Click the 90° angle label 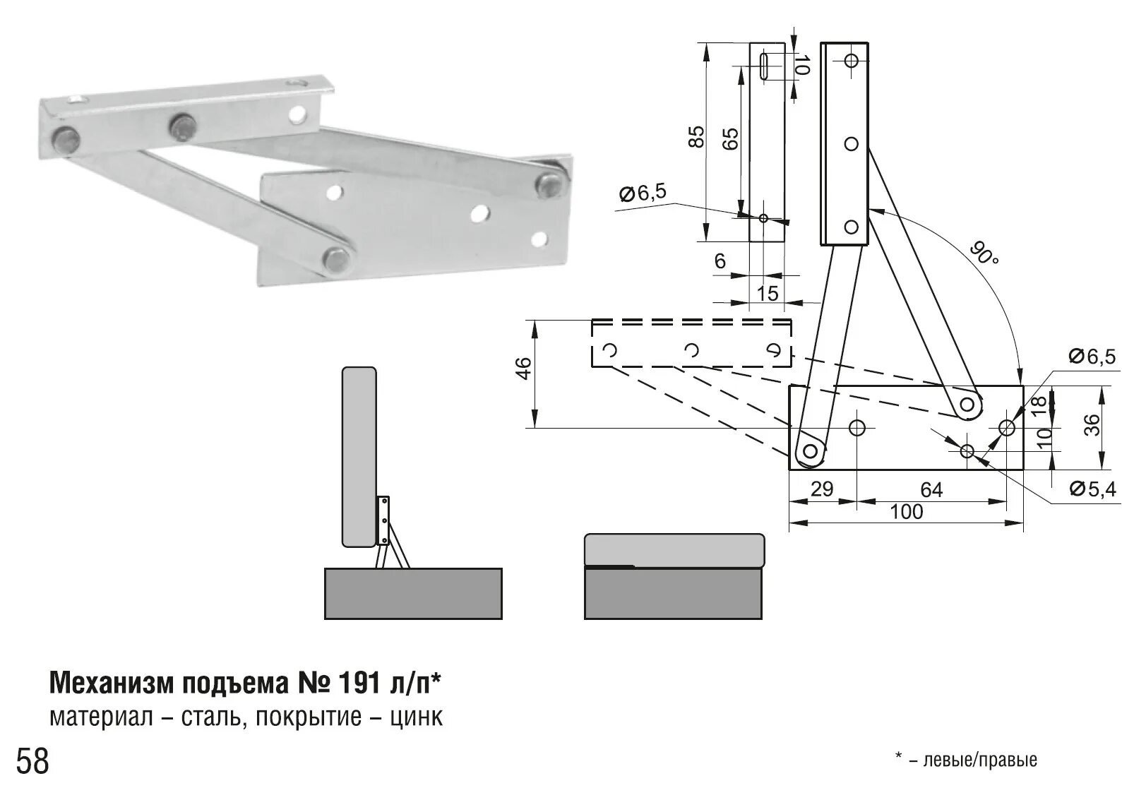[x=984, y=253]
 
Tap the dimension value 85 [x=696, y=137]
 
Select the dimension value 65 [x=731, y=139]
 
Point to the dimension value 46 [x=523, y=368]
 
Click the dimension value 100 [x=906, y=511]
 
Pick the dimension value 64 [x=931, y=489]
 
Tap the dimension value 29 [x=822, y=489]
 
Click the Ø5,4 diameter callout [x=1092, y=489]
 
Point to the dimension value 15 [x=767, y=293]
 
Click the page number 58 [x=32, y=761]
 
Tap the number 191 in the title [x=359, y=683]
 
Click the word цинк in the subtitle [x=416, y=717]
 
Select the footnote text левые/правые [x=980, y=760]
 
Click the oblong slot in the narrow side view [x=765, y=66]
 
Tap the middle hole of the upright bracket [x=851, y=144]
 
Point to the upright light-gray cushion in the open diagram [x=359, y=457]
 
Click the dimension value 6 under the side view [x=720, y=261]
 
